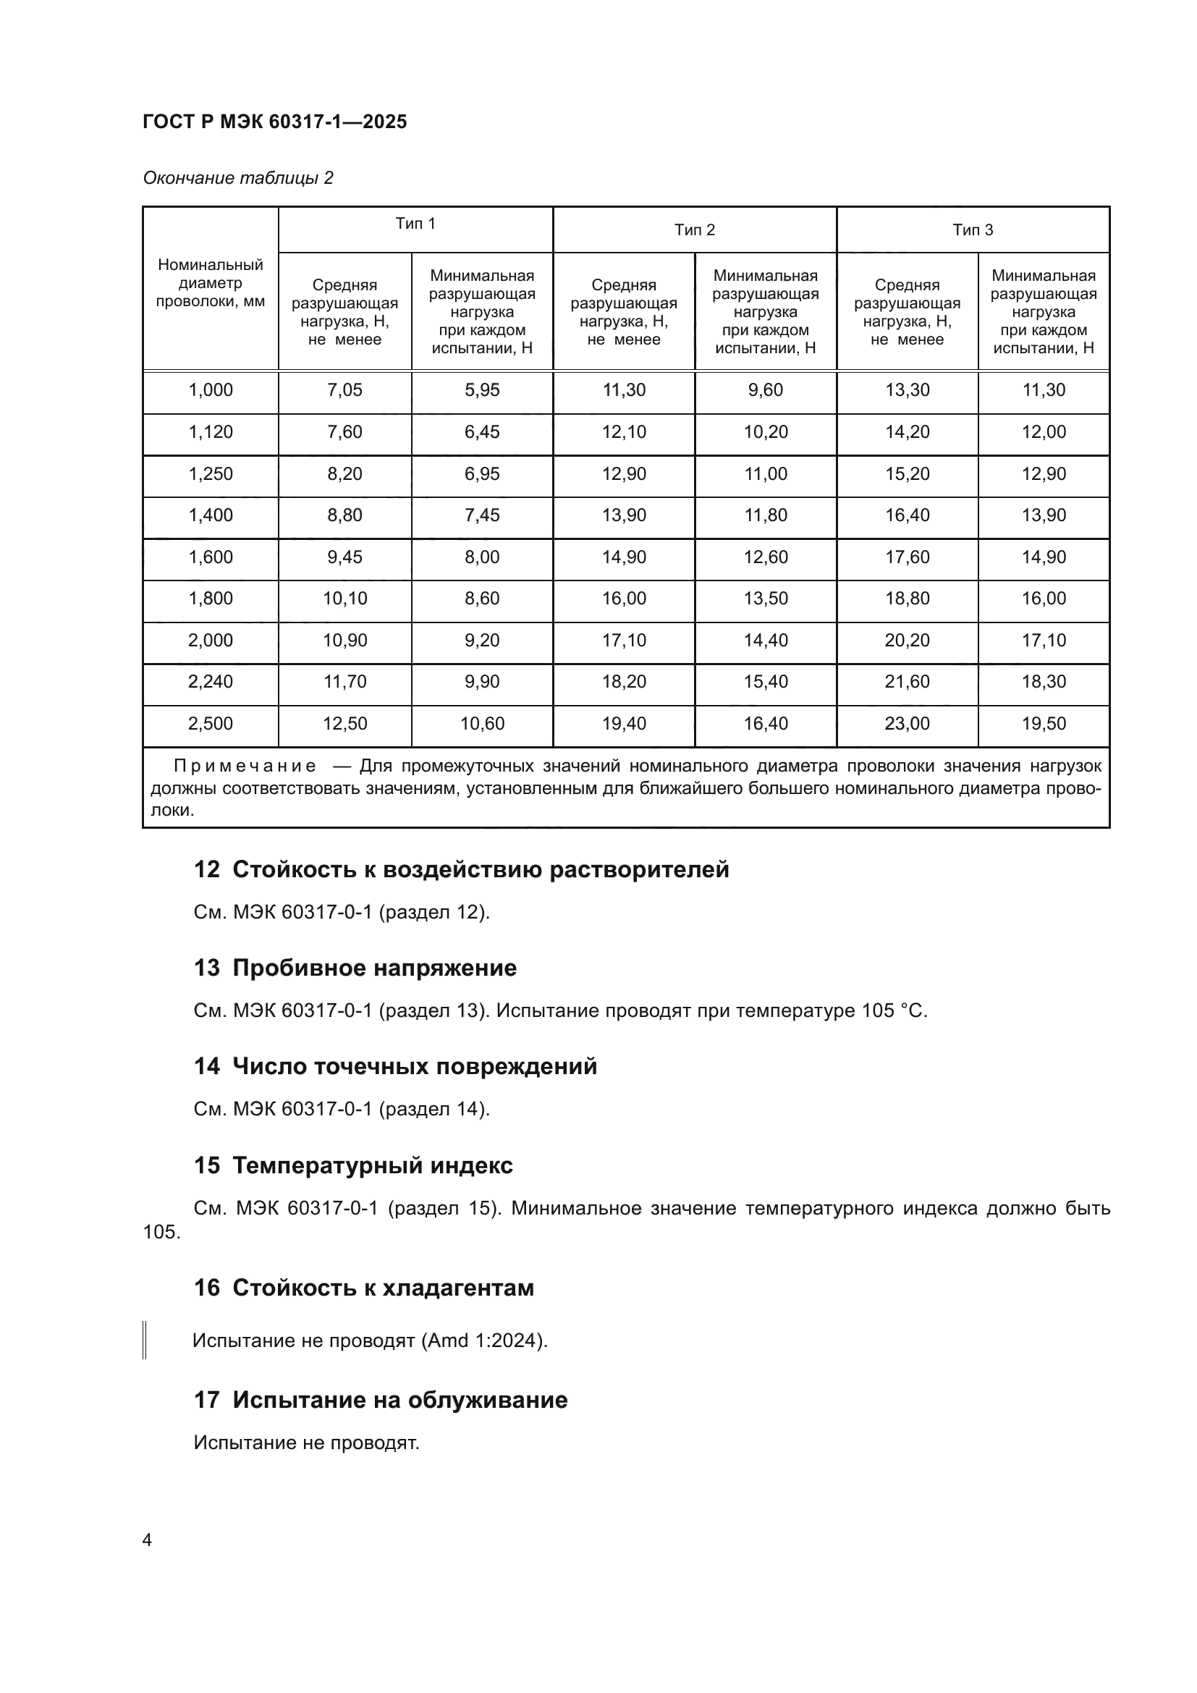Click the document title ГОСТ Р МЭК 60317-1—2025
[274, 122]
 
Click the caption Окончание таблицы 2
[237, 178]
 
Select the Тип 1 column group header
[415, 224]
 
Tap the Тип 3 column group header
[972, 230]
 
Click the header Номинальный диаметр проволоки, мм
[210, 283]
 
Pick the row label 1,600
[210, 557]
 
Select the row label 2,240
[210, 682]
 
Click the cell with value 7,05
[344, 390]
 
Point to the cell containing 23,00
[907, 724]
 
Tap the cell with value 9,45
[344, 557]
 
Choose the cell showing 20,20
[907, 641]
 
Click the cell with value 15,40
[765, 682]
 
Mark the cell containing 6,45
[481, 432]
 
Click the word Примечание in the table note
[245, 766]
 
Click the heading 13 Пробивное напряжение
[355, 968]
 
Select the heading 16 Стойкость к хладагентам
[363, 1288]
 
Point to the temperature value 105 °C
[892, 1011]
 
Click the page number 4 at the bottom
[147, 1540]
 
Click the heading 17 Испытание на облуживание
[381, 1401]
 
